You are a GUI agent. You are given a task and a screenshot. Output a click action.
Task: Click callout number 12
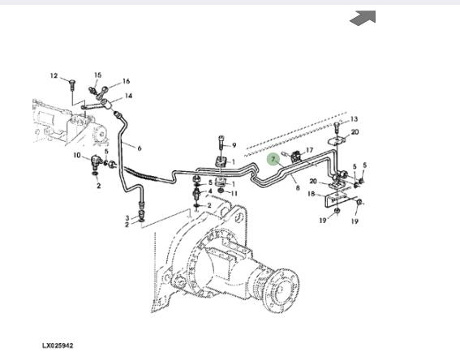coord(54,76)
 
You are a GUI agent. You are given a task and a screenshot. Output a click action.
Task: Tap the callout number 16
coord(126,81)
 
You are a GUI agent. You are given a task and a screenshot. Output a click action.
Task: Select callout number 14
coord(128,96)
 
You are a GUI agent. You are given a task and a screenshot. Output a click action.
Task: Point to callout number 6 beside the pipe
coord(140,148)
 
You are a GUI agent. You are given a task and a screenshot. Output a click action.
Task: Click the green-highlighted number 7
coord(273,160)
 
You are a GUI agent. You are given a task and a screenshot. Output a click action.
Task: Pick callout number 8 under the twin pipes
coord(298,188)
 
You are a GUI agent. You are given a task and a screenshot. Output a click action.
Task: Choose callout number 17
coord(309,150)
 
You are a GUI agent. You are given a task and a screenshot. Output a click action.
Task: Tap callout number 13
coord(354,119)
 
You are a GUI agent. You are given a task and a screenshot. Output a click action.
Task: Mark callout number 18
coord(311,194)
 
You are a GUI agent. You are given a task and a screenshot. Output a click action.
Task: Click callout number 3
coord(127,218)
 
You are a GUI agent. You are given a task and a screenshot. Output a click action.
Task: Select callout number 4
coord(210,191)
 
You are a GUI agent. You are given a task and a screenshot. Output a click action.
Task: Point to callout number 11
coord(234,194)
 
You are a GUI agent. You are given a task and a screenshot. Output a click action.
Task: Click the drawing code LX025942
coord(58,345)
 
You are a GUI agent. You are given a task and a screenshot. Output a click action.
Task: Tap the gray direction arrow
coord(363,18)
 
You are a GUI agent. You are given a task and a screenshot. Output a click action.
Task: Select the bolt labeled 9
coord(221,143)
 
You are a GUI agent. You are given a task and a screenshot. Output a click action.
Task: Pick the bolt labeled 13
coord(337,127)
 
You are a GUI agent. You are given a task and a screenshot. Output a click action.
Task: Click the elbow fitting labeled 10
coord(96,161)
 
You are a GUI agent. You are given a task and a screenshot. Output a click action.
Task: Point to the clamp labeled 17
coord(295,156)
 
